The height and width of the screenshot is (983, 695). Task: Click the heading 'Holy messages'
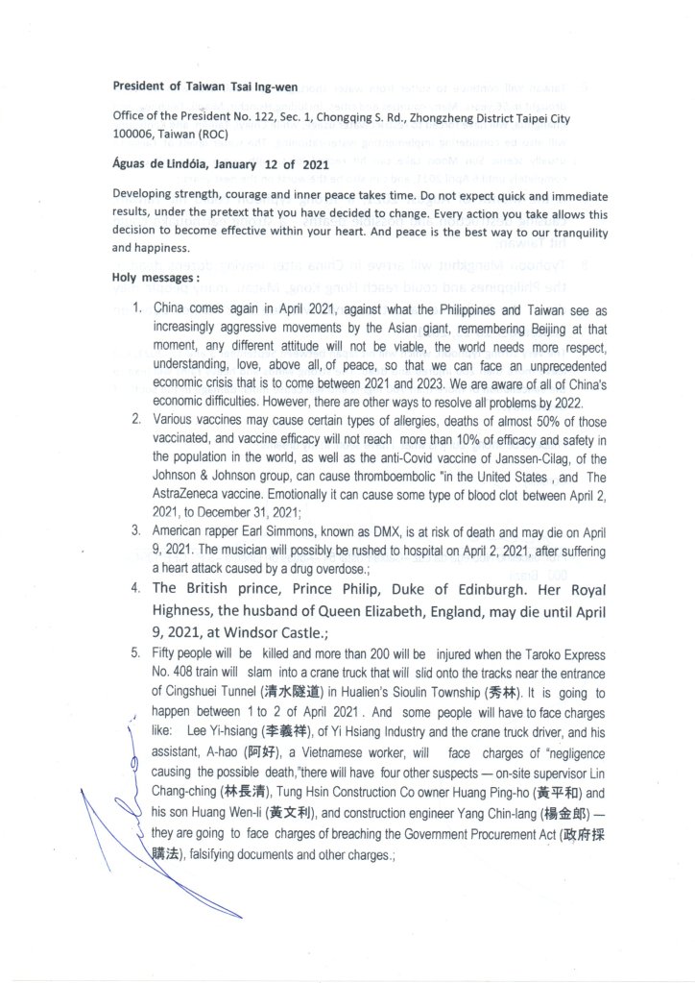[x=155, y=278]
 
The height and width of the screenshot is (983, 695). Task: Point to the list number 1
[x=136, y=311]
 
